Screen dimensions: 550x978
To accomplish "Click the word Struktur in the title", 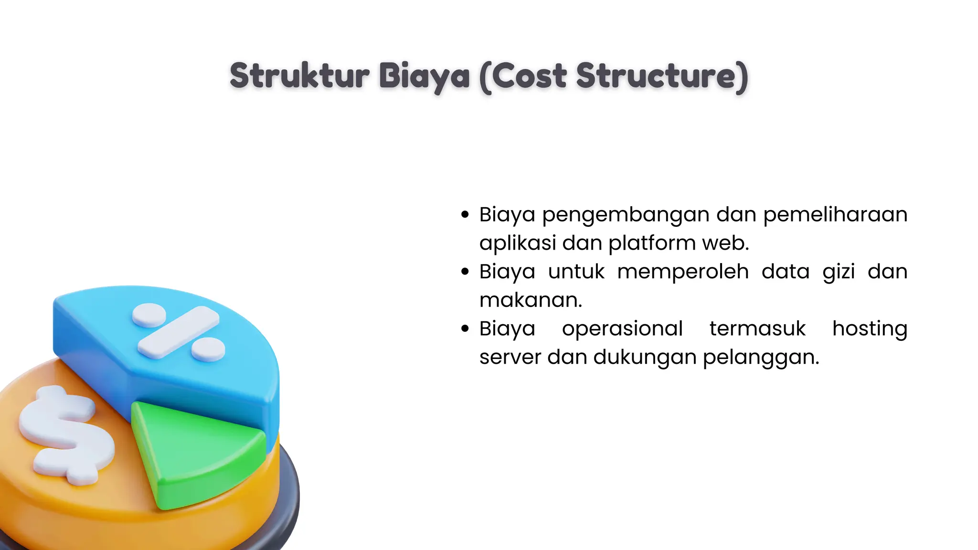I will [299, 76].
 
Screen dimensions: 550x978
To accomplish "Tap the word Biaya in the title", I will [425, 76].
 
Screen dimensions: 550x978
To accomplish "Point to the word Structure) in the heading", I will [662, 76].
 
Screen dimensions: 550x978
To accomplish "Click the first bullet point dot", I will [465, 215].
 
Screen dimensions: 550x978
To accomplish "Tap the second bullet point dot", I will [465, 272].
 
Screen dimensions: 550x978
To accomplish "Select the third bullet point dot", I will [465, 328].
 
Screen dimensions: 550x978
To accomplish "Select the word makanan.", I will [530, 300].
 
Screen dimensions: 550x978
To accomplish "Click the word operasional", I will [622, 329].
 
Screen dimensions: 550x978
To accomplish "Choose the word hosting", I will [870, 329].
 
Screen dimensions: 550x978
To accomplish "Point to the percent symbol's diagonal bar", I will [178, 332].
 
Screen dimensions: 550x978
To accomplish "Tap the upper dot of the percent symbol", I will [149, 315].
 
